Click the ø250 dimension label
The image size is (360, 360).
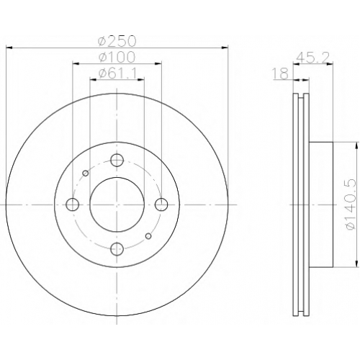(117, 41)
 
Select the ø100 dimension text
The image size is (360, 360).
(117, 57)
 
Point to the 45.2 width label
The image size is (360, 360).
(312, 58)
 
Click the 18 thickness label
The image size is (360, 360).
(280, 73)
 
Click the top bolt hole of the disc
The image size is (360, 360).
(117, 160)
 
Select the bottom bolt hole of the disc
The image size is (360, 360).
(117, 249)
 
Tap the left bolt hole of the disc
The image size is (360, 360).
(72, 204)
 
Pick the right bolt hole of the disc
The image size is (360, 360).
(161, 204)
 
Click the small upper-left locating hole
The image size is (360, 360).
(85, 173)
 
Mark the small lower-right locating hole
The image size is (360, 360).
(148, 236)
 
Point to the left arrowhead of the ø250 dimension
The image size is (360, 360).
(9, 48)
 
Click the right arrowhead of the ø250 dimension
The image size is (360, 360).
(225, 48)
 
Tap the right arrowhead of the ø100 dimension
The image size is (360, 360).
(158, 63)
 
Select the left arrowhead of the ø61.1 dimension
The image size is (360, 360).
(93, 79)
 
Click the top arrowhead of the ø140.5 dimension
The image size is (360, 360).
(356, 145)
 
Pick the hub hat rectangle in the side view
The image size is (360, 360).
(321, 204)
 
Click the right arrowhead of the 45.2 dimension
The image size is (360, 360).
(330, 63)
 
